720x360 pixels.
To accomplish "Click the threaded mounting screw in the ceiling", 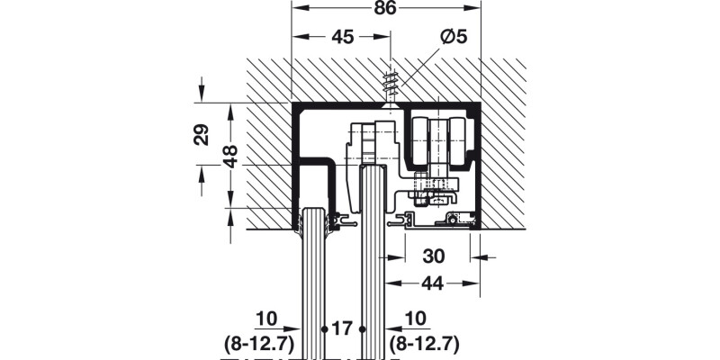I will pos(391,86).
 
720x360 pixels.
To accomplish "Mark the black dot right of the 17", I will pos(362,327).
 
